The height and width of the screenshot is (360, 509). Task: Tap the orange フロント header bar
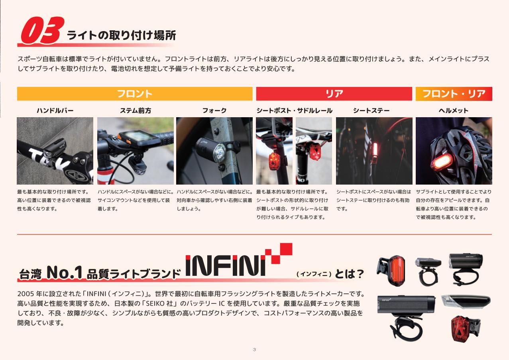click(x=135, y=94)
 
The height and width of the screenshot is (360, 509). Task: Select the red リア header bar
click(x=334, y=94)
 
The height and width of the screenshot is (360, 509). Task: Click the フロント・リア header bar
click(x=454, y=94)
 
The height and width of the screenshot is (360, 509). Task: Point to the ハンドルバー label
click(x=55, y=111)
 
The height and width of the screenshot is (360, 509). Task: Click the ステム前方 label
click(x=136, y=111)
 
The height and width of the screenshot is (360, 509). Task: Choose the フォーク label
click(x=214, y=111)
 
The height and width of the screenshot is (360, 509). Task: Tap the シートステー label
click(x=371, y=111)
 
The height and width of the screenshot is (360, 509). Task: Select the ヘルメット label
click(x=454, y=111)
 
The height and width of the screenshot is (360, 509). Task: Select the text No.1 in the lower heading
click(x=64, y=273)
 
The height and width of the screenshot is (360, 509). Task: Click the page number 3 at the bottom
click(x=254, y=350)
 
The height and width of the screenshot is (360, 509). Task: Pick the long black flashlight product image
click(x=407, y=305)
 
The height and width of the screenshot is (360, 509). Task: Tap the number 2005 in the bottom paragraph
click(x=26, y=294)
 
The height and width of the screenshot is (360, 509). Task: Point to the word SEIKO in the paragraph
click(x=155, y=303)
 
